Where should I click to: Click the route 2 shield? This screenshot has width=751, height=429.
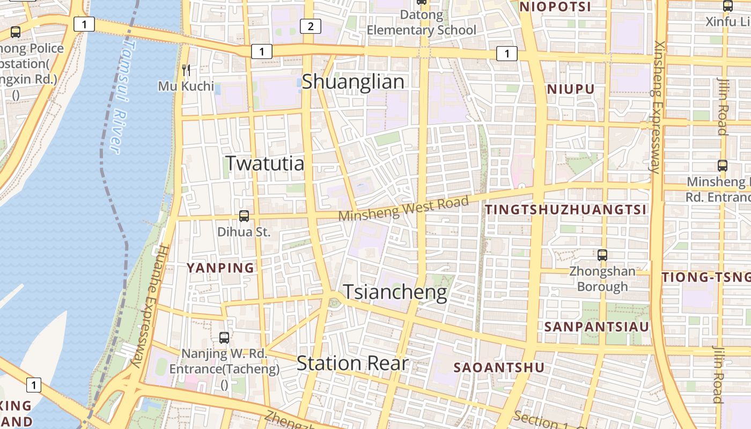[x=311, y=26]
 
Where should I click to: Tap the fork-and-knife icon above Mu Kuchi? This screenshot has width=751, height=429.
[x=186, y=70]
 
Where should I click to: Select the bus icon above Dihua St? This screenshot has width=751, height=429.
[x=244, y=216]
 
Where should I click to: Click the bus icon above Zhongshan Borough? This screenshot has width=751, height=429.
[x=602, y=255]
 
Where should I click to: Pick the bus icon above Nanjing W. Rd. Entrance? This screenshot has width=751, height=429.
[x=224, y=338]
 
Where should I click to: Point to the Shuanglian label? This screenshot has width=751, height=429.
[x=353, y=82]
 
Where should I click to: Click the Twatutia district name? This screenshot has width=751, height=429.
[x=264, y=163]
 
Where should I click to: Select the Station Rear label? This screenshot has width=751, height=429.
[x=352, y=364]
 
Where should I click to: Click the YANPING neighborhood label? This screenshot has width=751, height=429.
[x=220, y=268]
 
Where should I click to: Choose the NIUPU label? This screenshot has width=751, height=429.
[x=571, y=89]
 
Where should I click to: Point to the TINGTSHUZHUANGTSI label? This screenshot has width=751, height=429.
[x=566, y=210]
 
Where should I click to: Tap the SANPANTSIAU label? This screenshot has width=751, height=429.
[x=597, y=327]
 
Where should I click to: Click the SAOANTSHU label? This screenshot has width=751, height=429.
[x=499, y=368]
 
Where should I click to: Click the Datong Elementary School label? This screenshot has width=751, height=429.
[x=421, y=23]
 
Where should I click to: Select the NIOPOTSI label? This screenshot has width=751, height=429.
[x=555, y=7]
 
